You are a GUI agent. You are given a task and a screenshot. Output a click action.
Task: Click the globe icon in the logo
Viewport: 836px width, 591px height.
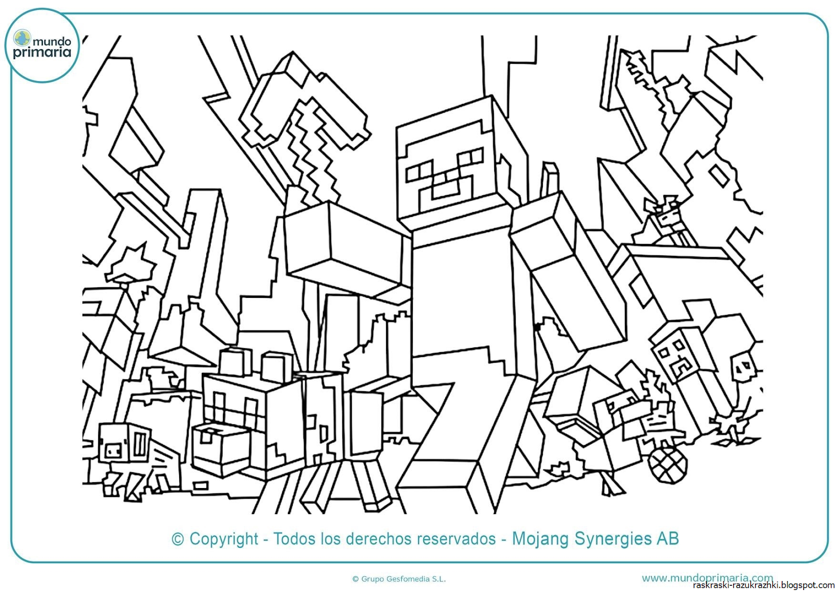(22, 38)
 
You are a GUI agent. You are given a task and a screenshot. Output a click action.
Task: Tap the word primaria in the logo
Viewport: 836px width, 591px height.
(42, 52)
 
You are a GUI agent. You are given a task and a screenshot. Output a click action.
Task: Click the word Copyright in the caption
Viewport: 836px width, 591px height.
(224, 539)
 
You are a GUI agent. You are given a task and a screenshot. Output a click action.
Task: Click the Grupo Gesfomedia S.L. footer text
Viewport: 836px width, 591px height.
(399, 578)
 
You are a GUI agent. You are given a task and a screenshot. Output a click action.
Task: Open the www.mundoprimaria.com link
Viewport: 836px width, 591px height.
(707, 577)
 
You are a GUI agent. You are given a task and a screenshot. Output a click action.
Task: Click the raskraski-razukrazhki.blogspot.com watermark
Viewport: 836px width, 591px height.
(763, 585)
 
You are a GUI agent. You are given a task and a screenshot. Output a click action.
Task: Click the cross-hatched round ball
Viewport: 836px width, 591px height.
(667, 463)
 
